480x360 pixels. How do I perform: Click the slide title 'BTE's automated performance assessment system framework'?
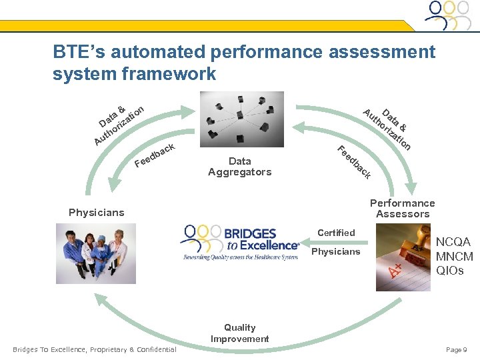(243, 62)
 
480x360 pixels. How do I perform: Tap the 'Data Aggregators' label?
(239, 167)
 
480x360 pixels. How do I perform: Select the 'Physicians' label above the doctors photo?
(96, 213)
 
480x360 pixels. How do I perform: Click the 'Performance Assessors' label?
(402, 208)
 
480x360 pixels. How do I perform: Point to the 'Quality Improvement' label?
(239, 333)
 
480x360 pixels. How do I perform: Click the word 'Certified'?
(336, 233)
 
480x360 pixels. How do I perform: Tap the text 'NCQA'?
(453, 242)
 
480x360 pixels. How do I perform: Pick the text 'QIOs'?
(450, 271)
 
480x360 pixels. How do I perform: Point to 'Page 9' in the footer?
(456, 350)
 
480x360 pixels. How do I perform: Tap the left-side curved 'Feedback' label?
(155, 155)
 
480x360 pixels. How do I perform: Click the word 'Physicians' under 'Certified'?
(335, 251)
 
